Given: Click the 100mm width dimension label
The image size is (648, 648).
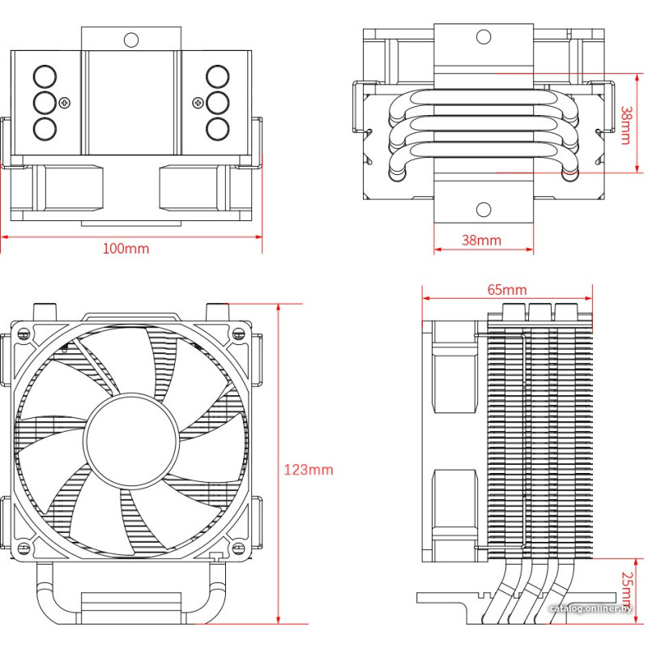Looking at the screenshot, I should [126, 248].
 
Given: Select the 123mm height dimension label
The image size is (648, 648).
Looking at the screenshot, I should [309, 470].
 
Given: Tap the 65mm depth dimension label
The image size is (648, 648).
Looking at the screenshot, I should [507, 289].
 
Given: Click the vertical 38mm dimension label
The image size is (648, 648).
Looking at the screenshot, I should [625, 126].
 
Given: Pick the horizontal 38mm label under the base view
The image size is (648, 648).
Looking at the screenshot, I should [481, 240].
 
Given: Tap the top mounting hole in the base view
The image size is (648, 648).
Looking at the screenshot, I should [484, 36].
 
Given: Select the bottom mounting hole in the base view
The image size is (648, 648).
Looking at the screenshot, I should [484, 210].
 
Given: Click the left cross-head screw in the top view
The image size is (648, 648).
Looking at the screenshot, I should [65, 102].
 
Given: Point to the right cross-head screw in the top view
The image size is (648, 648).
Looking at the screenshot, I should [198, 102].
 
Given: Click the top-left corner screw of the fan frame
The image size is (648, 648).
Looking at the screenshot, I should [23, 333].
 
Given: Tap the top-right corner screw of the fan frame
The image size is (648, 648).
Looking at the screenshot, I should [239, 333].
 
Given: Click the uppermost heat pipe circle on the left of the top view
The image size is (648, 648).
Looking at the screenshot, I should [45, 77].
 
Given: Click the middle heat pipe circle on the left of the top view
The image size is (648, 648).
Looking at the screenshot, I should [45, 102].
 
